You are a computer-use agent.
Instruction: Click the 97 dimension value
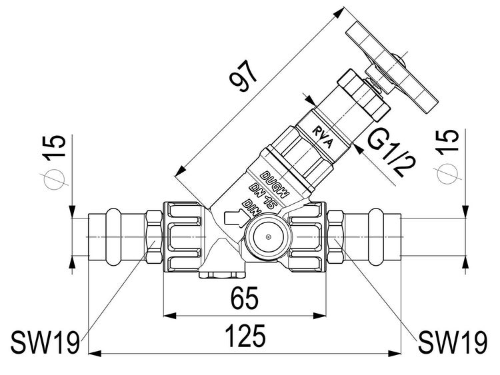click(244, 77)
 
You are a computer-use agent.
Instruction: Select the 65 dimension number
click(245, 298)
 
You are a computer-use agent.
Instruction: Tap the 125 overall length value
click(245, 336)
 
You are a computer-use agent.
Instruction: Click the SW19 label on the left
click(45, 342)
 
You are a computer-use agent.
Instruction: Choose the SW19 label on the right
click(453, 342)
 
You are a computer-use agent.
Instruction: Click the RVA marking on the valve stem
click(323, 138)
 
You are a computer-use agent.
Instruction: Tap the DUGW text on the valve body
click(275, 184)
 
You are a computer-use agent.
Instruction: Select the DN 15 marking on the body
click(263, 196)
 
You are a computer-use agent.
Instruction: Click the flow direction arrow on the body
click(236, 218)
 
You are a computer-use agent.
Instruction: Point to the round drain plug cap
click(269, 236)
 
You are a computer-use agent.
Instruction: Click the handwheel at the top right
click(391, 68)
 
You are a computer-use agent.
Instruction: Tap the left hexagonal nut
click(154, 236)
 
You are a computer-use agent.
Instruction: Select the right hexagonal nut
click(336, 236)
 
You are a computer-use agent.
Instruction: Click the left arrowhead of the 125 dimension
click(95, 354)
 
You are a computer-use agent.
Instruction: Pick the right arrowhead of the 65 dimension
click(320, 316)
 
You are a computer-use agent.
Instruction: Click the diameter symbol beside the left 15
click(54, 179)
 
